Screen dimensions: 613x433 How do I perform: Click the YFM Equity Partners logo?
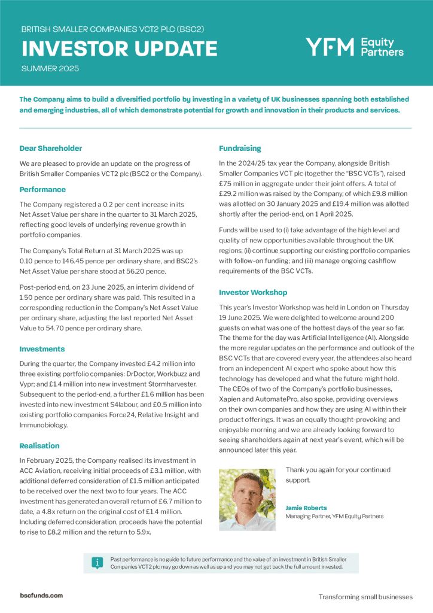pyautogui.click(x=354, y=47)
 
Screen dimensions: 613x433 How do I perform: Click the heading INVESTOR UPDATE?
pyautogui.click(x=120, y=48)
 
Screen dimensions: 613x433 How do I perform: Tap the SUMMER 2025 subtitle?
pyautogui.click(x=50, y=69)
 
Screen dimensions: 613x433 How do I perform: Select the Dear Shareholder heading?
pyautogui.click(x=51, y=148)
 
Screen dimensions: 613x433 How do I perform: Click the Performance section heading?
pyautogui.click(x=42, y=189)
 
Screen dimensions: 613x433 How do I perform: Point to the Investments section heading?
pyautogui.click(x=42, y=348)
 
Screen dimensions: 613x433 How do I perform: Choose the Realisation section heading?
pyautogui.click(x=39, y=429)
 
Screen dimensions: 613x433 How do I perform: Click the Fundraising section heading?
pyautogui.click(x=240, y=148)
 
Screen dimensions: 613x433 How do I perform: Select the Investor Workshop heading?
pyautogui.click(x=253, y=292)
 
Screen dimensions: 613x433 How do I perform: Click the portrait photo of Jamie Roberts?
pyautogui.click(x=248, y=499)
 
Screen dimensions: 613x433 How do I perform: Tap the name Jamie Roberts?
pyautogui.click(x=306, y=508)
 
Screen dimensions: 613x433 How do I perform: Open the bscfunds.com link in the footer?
pyautogui.click(x=41, y=596)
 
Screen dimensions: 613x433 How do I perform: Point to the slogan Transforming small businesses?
pyautogui.click(x=365, y=597)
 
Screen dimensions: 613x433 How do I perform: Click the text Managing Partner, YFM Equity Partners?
pyautogui.click(x=334, y=516)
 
